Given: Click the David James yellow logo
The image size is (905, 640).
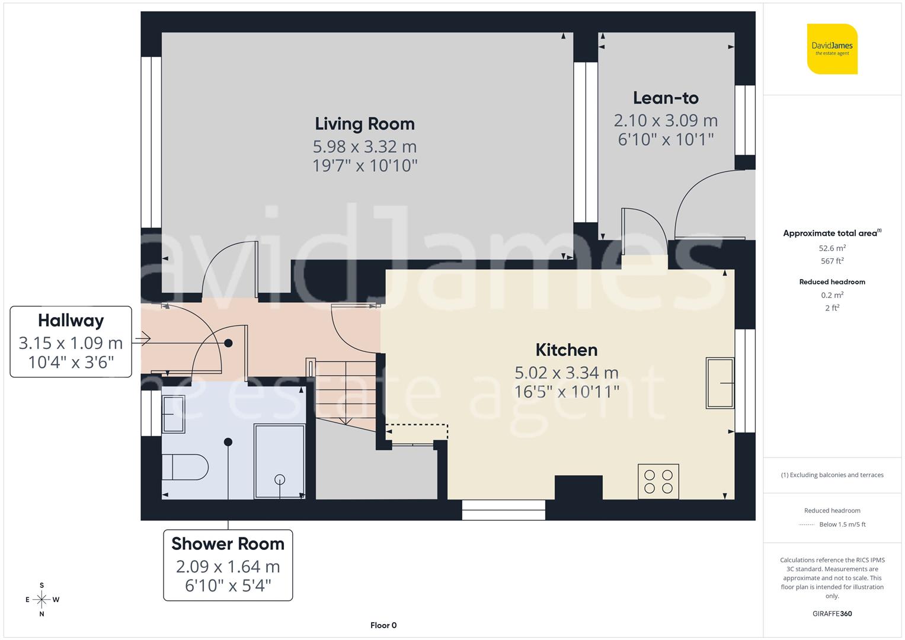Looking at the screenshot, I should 832,49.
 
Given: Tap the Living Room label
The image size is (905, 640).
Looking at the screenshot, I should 364,124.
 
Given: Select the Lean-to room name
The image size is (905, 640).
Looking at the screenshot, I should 666,98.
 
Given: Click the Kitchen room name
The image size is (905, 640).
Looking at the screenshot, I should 566,350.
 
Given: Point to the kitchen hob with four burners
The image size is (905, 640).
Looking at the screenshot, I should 658,481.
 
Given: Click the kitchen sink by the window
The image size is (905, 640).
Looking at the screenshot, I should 719,383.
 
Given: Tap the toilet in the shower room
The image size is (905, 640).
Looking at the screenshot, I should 185,467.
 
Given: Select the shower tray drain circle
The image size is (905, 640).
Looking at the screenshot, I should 280,479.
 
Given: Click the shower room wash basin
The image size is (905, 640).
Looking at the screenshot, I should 173,414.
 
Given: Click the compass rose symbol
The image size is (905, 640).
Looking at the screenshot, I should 41,600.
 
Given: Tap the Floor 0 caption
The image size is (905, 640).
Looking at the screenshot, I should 383,625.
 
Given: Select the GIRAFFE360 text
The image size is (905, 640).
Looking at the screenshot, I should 832,613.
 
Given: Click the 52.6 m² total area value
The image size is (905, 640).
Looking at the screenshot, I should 832,248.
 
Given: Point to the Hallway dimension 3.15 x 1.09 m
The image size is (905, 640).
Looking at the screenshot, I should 71,343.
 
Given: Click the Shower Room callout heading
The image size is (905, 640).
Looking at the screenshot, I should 228,543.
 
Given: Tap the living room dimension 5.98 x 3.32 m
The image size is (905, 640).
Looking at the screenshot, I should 364,146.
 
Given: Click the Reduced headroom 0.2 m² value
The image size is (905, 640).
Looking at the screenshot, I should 832,295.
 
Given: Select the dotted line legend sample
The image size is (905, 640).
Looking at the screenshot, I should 807,524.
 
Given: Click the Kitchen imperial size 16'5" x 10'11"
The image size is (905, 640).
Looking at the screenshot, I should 566,392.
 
